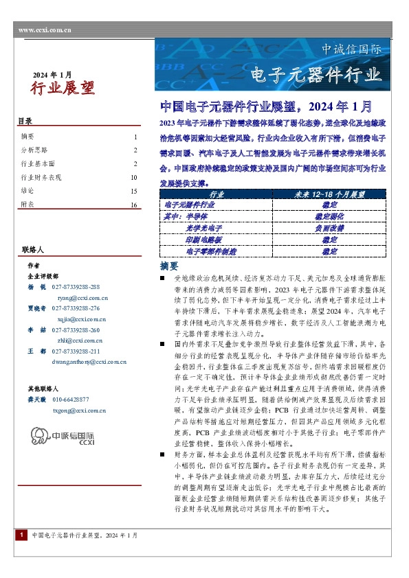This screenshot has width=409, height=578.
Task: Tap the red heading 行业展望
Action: pos(63,87)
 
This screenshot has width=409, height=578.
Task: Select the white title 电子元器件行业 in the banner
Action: pos(316,73)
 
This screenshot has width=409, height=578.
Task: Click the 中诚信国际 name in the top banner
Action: pos(352,50)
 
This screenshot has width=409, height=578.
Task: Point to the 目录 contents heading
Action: pos(25,122)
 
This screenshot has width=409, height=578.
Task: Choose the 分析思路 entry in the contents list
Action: pos(35,150)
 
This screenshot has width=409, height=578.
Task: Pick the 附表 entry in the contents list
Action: pos(27,205)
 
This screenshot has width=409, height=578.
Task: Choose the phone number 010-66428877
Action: pos(70,399)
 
